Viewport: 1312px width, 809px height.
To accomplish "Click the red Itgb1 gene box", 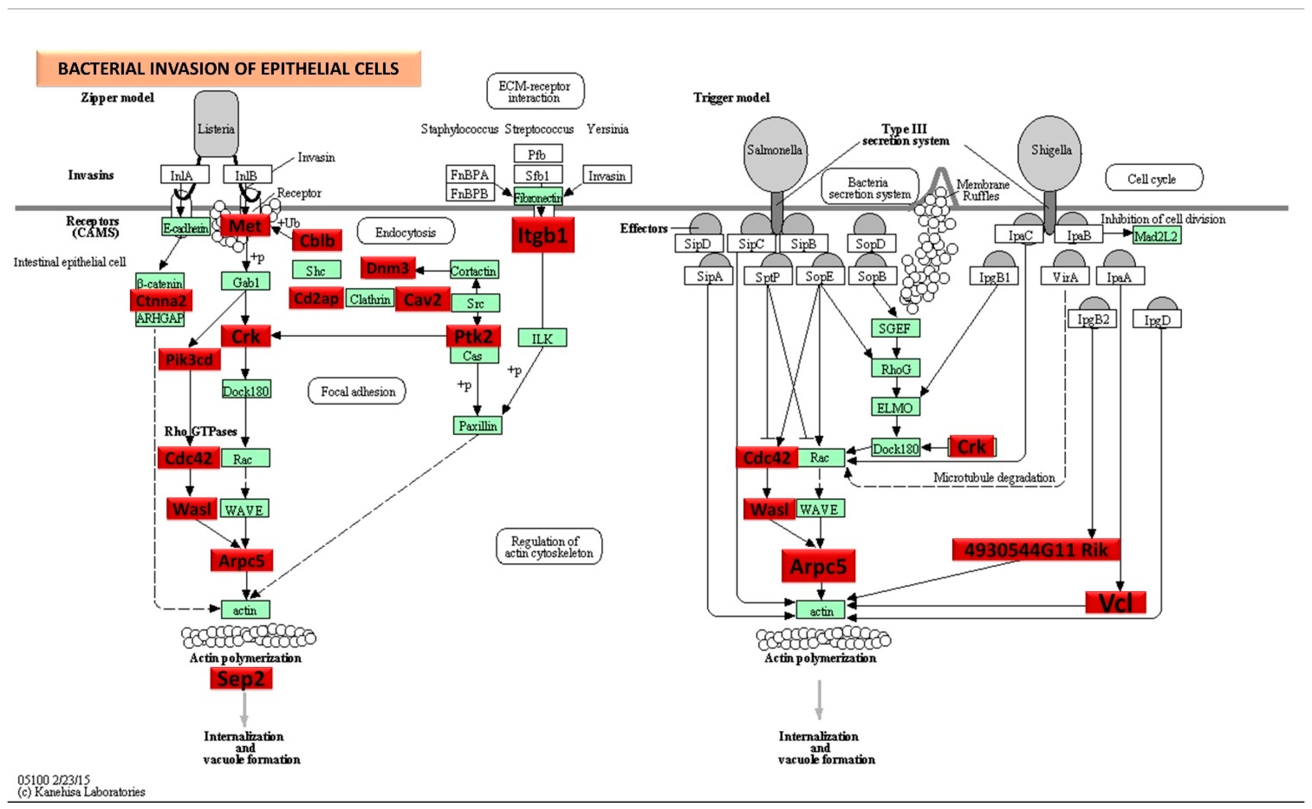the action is (543, 234).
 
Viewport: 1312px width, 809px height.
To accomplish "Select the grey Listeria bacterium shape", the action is (216, 124).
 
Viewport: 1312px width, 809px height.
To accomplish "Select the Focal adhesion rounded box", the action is (357, 391).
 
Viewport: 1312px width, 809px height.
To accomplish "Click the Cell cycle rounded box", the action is (1154, 178).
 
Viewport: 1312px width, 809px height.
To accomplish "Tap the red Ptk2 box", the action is (473, 336).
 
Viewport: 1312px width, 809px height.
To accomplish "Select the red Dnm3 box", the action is (388, 268).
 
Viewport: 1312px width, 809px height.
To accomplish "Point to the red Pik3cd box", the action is (189, 360).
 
